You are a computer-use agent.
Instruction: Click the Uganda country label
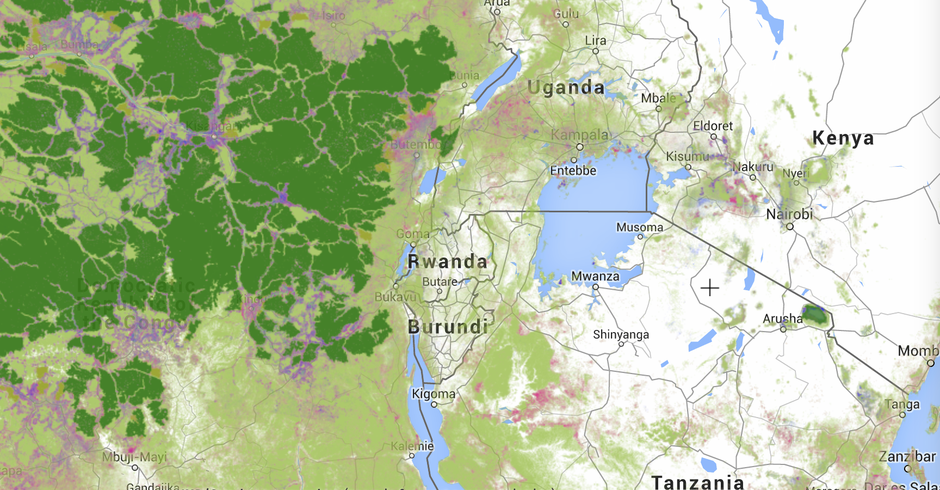(566, 88)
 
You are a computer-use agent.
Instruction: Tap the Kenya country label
(843, 138)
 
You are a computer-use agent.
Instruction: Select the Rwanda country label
(447, 262)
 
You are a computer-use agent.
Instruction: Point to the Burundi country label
(448, 327)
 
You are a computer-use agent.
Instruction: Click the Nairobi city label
(789, 214)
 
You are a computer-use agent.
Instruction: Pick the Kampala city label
(580, 134)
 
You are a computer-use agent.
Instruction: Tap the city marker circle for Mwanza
(596, 287)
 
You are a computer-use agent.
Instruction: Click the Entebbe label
(573, 170)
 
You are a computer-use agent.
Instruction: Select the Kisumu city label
(687, 157)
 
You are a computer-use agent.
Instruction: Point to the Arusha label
(782, 318)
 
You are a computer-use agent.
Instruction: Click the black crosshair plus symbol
(710, 287)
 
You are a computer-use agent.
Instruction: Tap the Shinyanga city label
(621, 334)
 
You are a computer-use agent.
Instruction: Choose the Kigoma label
(434, 394)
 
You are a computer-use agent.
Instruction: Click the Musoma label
(639, 227)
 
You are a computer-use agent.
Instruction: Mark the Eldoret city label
(713, 126)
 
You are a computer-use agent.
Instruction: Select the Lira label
(595, 41)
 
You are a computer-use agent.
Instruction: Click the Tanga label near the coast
(901, 404)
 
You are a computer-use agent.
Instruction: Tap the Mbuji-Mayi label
(134, 457)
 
